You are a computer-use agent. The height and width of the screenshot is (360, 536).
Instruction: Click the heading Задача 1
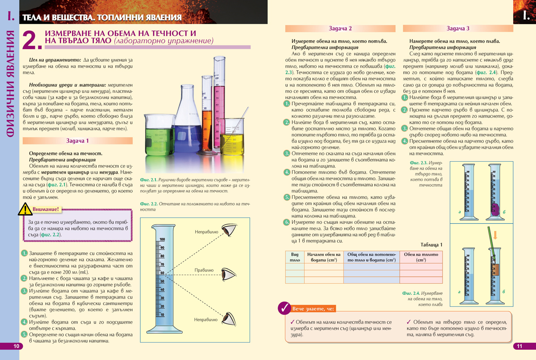pos(78,141)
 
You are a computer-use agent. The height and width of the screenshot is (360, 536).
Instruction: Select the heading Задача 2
pos(340,29)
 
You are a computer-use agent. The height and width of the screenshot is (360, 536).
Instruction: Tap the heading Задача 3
pos(458,29)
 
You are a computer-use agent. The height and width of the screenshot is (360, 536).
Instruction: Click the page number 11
pos(519,346)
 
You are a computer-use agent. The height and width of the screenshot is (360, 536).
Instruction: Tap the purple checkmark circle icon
pos(284,308)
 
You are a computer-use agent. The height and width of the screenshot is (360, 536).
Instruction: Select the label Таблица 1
pos(431,245)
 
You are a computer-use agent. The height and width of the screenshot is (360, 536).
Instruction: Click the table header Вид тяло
pos(294,257)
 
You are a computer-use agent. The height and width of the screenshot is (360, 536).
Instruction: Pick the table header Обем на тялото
pos(420,257)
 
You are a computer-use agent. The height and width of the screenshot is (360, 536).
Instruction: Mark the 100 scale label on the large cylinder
pos(163,240)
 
